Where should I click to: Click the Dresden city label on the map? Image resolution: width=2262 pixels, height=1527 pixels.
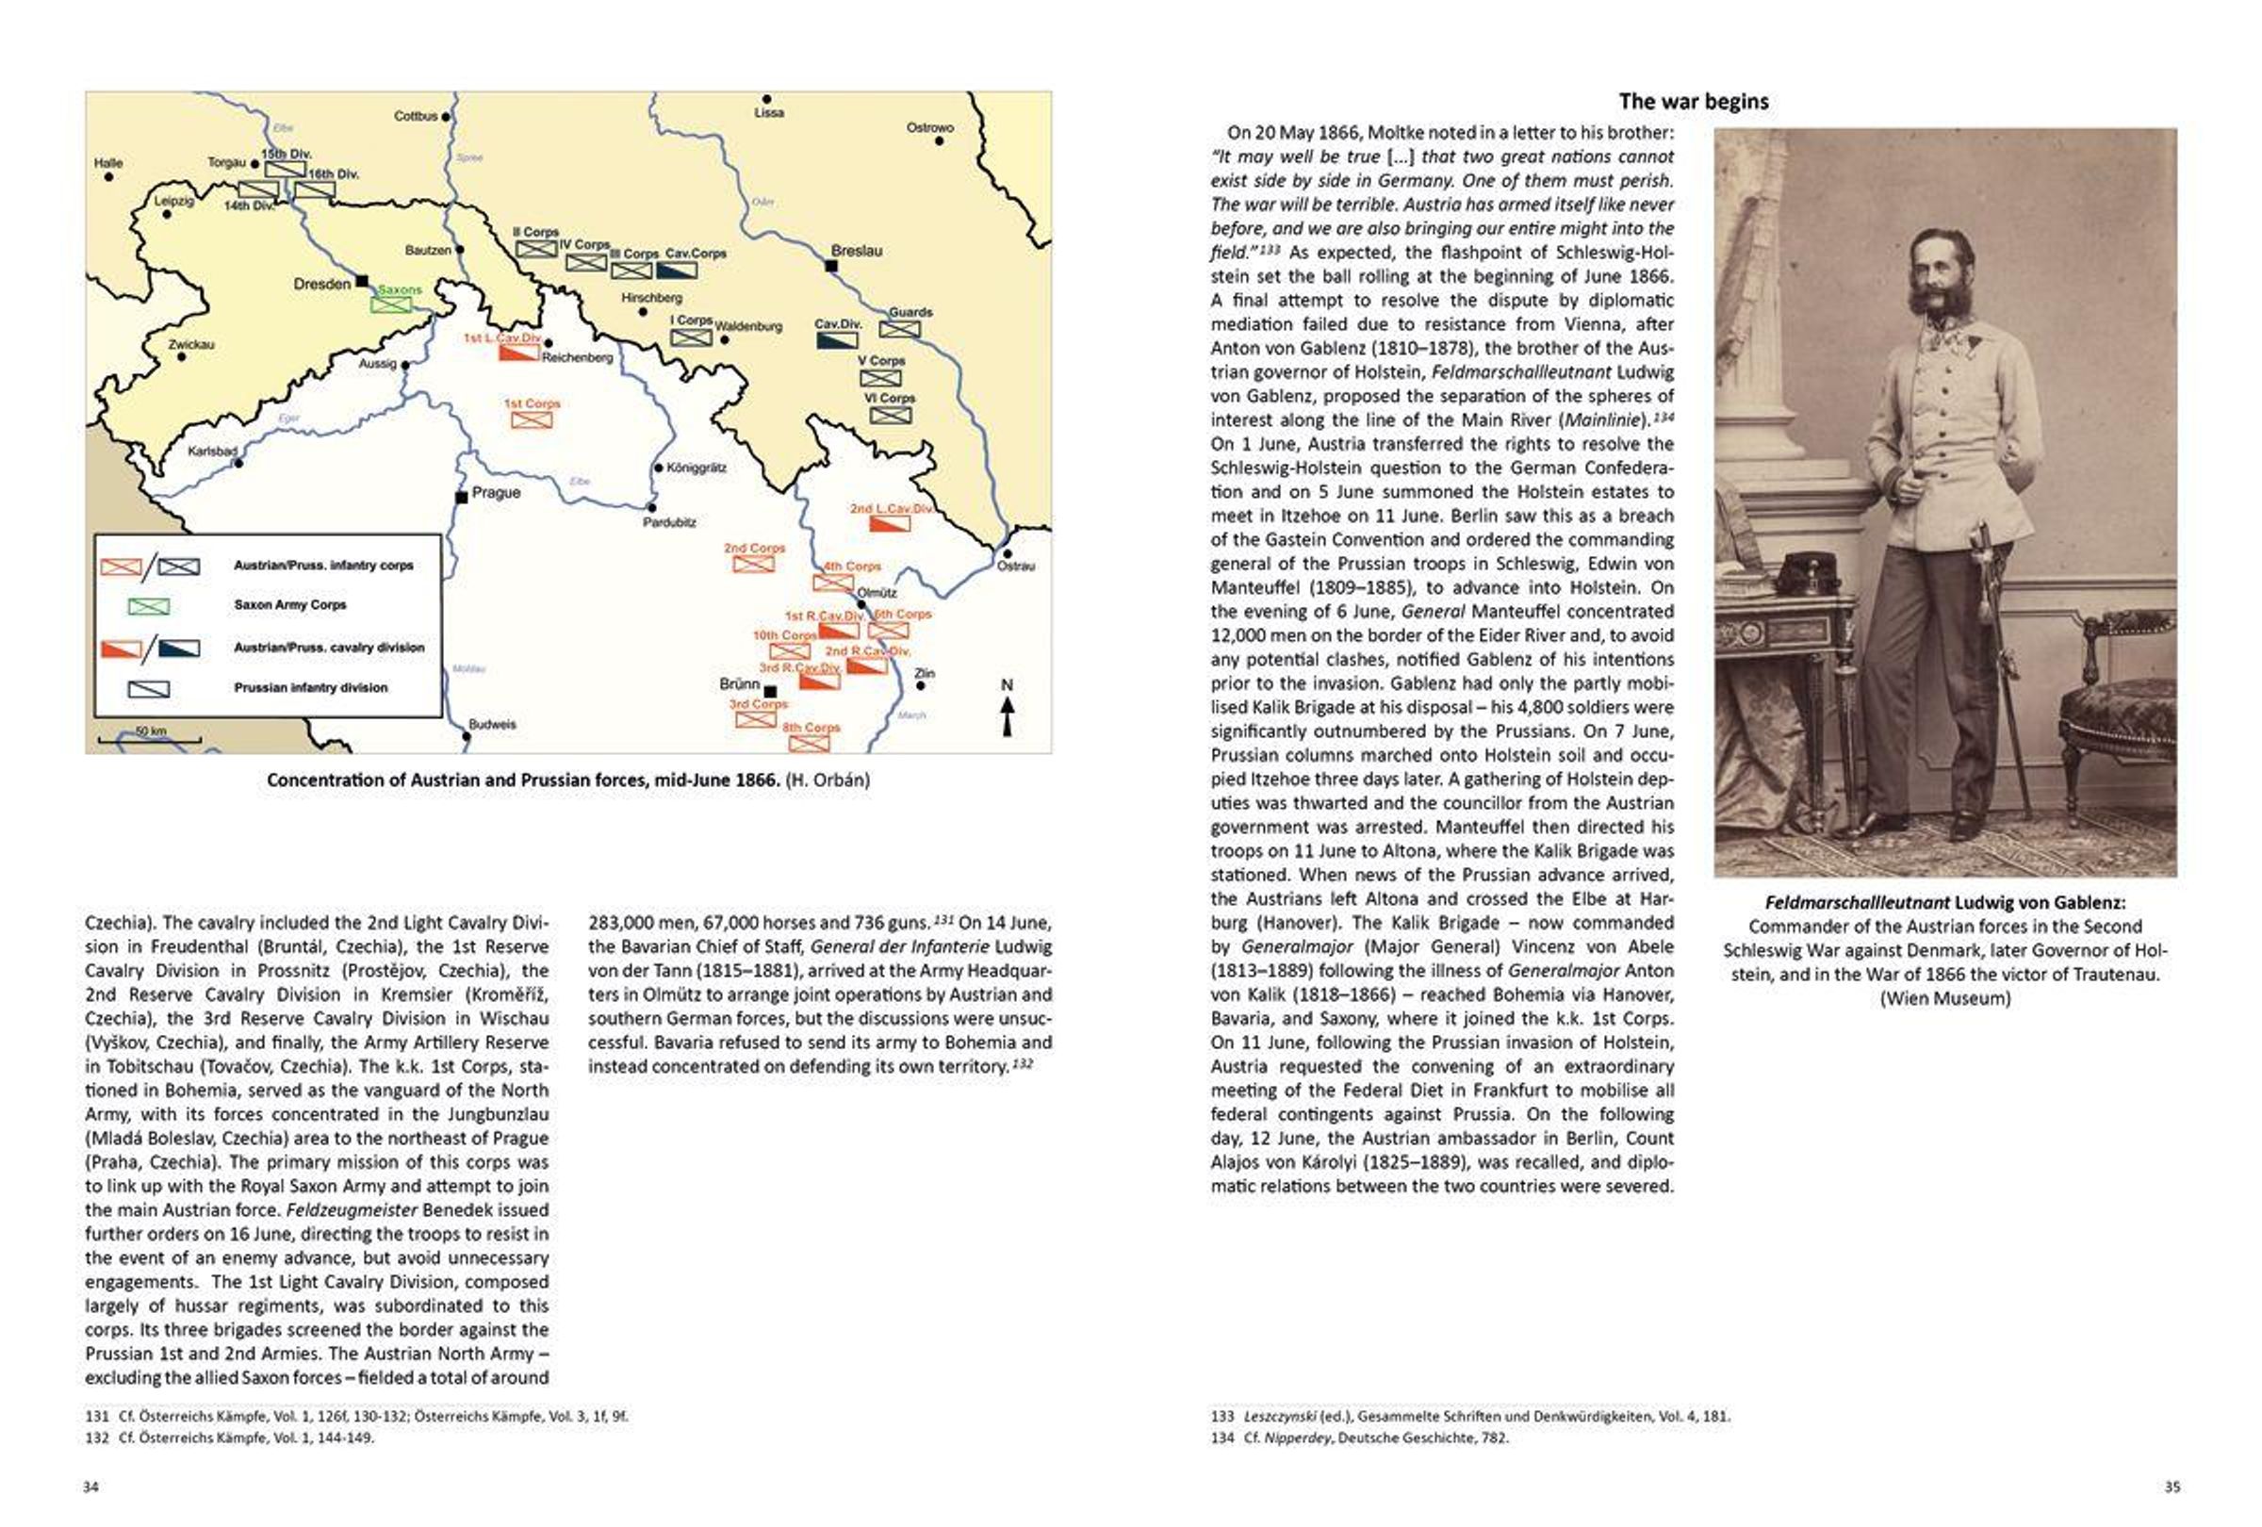pyautogui.click(x=321, y=284)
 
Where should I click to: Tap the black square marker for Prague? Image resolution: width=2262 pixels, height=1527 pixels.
pyautogui.click(x=462, y=498)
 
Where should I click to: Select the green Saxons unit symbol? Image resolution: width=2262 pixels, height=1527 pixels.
pyautogui.click(x=391, y=304)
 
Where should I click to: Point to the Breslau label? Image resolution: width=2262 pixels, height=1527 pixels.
pyautogui.click(x=857, y=251)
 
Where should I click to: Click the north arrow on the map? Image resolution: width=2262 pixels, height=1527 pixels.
pyautogui.click(x=1008, y=710)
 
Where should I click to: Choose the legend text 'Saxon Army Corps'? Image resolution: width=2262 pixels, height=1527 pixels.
pyautogui.click(x=290, y=604)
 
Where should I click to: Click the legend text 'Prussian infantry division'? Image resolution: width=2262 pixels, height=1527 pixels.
pyautogui.click(x=310, y=687)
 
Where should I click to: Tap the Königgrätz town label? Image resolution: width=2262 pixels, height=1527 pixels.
pyautogui.click(x=697, y=468)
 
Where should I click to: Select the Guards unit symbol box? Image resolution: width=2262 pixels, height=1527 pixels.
pyautogui.click(x=899, y=329)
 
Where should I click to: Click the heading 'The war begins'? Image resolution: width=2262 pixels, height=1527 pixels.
pyautogui.click(x=1694, y=101)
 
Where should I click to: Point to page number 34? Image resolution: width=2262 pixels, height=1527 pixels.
pyautogui.click(x=91, y=1486)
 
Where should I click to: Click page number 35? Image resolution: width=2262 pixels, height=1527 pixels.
pyautogui.click(x=2172, y=1486)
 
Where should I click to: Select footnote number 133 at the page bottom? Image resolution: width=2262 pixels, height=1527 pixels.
pyautogui.click(x=1222, y=1416)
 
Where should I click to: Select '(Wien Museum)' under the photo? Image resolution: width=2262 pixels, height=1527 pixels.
pyautogui.click(x=1944, y=998)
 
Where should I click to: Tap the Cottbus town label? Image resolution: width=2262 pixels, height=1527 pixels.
pyautogui.click(x=416, y=116)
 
